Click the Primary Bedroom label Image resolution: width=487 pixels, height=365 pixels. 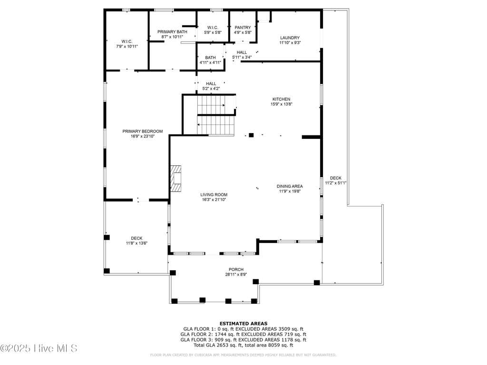143,131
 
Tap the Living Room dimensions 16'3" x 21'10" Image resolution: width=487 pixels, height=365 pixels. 214,200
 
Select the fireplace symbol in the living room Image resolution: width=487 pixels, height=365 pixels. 176,179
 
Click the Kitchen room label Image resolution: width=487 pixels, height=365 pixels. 282,99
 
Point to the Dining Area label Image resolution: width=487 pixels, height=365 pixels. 290,186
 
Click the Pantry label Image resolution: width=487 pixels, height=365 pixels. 243,28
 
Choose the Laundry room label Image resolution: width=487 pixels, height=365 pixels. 290,38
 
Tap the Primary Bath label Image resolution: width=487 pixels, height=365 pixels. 172,32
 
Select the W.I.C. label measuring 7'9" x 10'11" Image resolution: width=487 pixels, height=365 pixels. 127,44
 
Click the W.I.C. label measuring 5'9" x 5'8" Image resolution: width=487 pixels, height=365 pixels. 213,30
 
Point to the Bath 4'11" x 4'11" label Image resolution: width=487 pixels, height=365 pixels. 210,60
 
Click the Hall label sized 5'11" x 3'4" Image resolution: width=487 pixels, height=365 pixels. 242,55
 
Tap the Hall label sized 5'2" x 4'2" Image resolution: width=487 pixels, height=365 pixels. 211,86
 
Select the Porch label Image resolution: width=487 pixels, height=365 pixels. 236,269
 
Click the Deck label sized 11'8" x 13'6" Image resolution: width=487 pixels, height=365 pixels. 136,240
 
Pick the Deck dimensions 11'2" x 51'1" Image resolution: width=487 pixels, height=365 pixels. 336,183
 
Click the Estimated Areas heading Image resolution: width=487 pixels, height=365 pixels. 243,323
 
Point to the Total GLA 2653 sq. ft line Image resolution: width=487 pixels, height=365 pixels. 243,345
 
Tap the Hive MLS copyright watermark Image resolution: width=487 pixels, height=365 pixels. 39,348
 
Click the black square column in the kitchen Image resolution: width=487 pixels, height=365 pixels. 251,135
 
